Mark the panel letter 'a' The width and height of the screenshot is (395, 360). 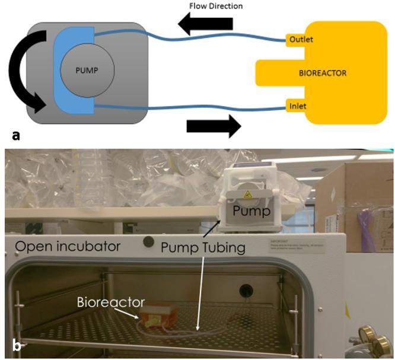(12, 135)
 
